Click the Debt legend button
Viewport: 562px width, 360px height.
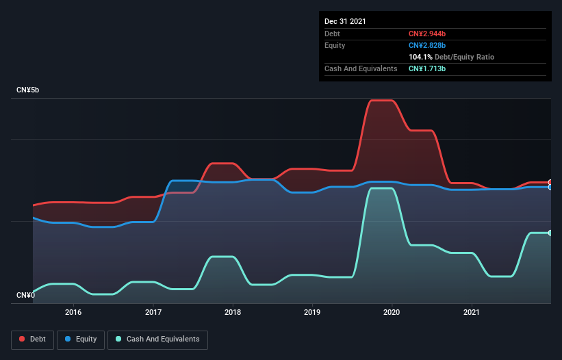coord(33,339)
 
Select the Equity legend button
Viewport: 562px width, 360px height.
coord(81,339)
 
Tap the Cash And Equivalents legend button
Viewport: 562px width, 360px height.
coord(157,339)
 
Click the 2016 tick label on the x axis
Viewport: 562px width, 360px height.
coord(73,312)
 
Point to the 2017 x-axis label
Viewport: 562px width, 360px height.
coord(153,312)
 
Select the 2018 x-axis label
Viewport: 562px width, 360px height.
coord(233,312)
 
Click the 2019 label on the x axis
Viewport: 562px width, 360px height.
coord(312,312)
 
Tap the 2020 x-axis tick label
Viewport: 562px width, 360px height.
coord(392,312)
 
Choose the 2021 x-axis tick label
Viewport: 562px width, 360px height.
coord(472,312)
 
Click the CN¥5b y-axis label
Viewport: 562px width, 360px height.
coord(28,90)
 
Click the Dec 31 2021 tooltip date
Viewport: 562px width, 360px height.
coord(346,21)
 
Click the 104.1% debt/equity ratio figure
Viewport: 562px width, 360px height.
coord(422,57)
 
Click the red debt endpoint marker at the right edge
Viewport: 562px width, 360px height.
coord(550,183)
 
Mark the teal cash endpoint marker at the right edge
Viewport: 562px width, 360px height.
coord(550,233)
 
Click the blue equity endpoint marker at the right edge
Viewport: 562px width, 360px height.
coord(550,187)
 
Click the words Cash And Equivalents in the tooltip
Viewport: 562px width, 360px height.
coord(361,68)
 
